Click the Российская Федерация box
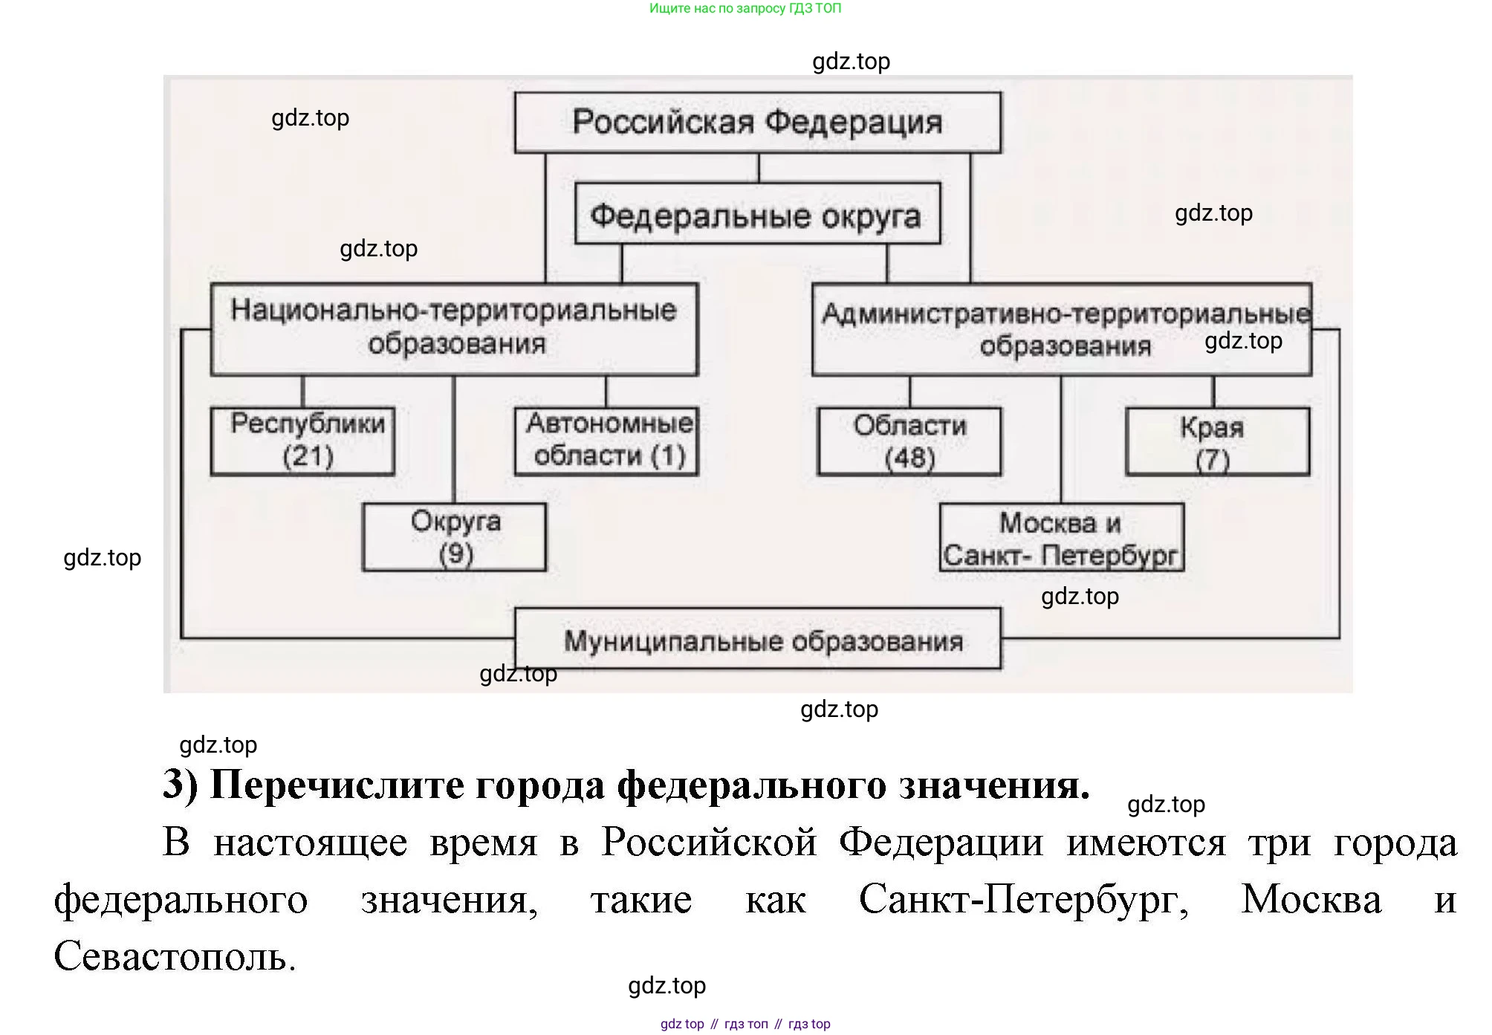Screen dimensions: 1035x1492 [757, 123]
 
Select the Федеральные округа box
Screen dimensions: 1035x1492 [757, 215]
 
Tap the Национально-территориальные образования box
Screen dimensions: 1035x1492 [454, 328]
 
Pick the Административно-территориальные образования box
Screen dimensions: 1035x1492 [1061, 330]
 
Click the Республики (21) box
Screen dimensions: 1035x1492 [302, 441]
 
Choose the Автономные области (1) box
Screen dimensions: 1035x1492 [606, 441]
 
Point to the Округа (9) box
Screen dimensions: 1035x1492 [454, 537]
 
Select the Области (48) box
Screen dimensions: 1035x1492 [909, 441]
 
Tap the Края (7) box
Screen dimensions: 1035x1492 [1217, 441]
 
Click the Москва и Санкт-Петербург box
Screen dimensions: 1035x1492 [1061, 538]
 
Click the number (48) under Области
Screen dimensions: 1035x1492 [909, 458]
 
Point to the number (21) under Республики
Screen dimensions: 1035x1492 [308, 455]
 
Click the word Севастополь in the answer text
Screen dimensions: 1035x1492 [175, 957]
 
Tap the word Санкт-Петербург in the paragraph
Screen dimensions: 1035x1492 [1023, 900]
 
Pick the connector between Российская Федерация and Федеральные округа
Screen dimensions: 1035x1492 [759, 168]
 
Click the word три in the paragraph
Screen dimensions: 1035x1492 [1278, 843]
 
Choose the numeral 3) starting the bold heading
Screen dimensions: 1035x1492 [181, 785]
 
